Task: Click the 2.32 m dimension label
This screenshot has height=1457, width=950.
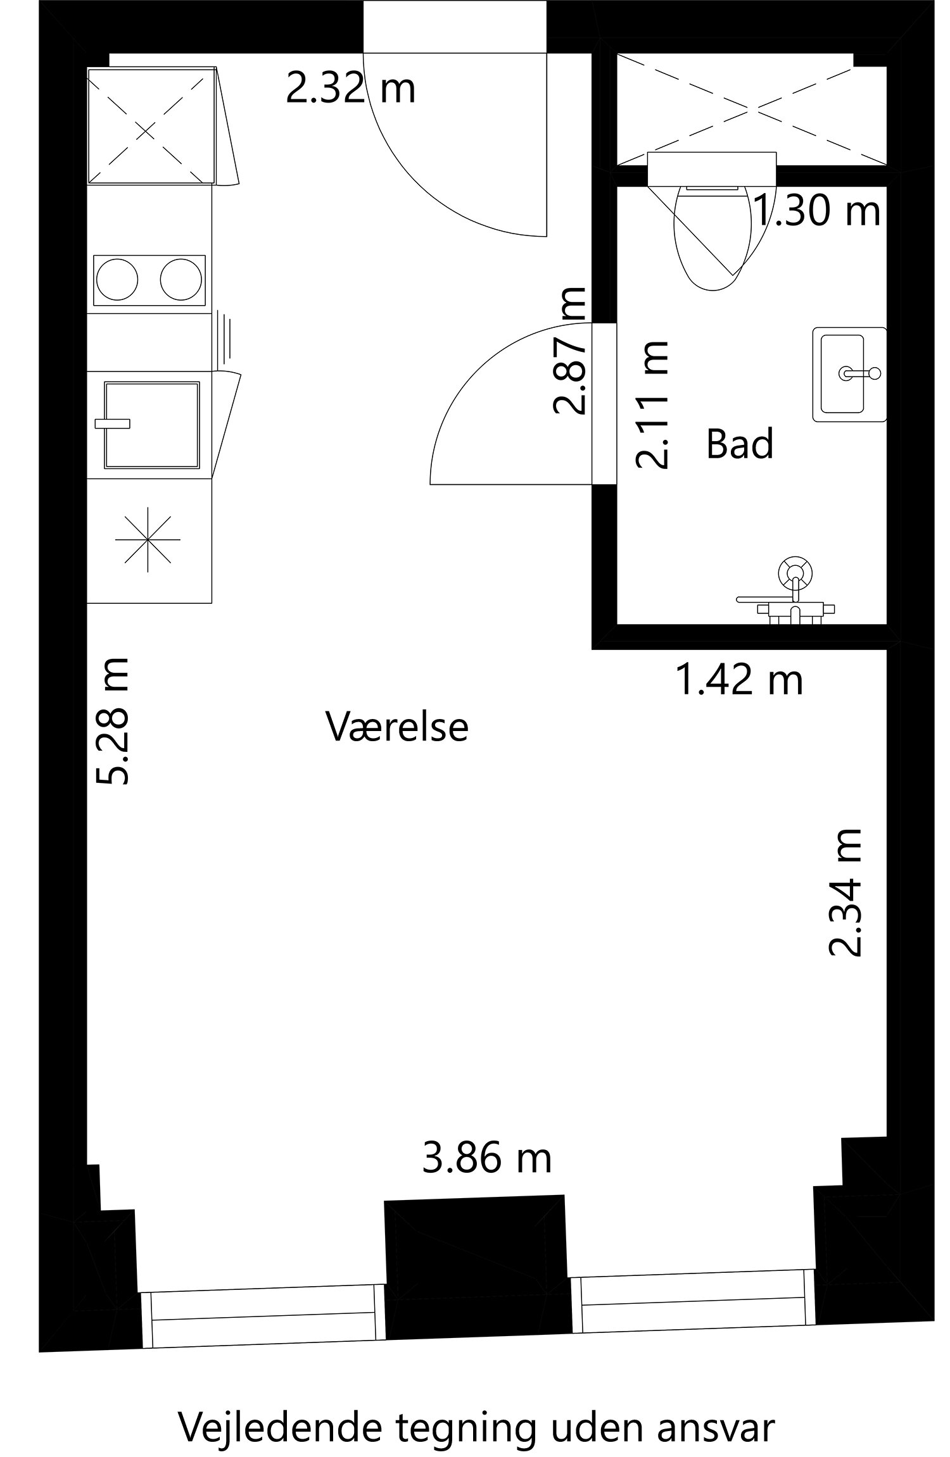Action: (350, 89)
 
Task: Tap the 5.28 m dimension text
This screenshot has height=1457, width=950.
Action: (113, 722)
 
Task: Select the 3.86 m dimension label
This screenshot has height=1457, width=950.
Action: (486, 1159)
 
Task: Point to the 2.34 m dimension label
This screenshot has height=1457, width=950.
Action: (846, 892)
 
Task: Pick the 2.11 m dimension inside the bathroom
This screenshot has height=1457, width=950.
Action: (653, 405)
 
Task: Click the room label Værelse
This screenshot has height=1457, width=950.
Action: (397, 727)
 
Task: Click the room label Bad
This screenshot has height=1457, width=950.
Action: (740, 444)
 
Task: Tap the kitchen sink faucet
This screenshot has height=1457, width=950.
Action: (112, 423)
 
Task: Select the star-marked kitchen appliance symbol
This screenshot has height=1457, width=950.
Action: (148, 540)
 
